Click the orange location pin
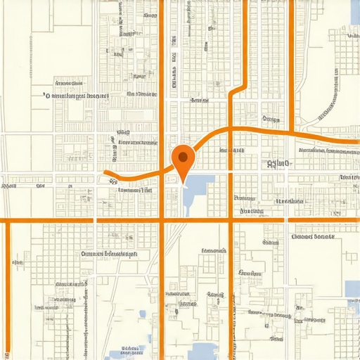pos(183,161)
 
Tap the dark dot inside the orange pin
pos(183,157)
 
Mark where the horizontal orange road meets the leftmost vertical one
pos(8,220)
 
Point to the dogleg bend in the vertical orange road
pos(243,87)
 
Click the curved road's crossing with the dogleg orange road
pos(231,129)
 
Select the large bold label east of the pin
pos(278,164)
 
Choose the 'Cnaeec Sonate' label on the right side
pos(314,237)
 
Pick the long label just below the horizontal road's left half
pos(109,254)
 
